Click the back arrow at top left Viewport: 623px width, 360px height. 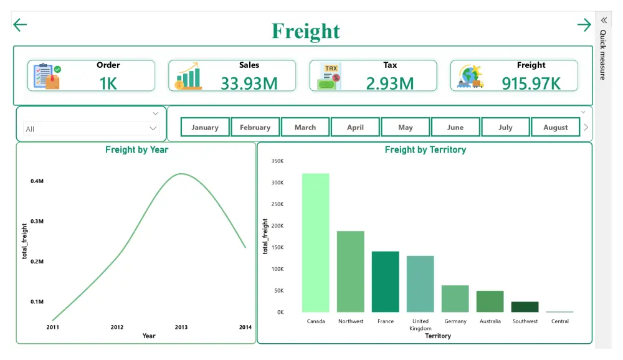[20, 25]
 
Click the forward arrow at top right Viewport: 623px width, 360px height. [584, 25]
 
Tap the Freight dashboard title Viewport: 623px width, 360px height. [306, 31]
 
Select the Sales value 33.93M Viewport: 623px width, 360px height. [249, 83]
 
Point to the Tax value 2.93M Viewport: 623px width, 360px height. [390, 83]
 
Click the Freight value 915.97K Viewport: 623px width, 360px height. [531, 83]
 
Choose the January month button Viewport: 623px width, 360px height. [205, 127]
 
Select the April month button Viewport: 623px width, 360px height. [355, 127]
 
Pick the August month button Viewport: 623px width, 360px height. [555, 127]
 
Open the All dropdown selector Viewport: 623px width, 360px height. [91, 128]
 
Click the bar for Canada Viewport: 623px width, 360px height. [316, 243]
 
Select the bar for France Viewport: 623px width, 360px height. [386, 282]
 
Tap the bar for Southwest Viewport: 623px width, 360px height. [525, 306]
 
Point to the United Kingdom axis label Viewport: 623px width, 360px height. [421, 324]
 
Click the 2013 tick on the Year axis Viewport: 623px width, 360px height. [181, 327]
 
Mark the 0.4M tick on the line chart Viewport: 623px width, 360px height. [37, 181]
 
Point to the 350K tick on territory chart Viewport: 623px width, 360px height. [277, 161]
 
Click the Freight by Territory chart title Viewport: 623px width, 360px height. [425, 150]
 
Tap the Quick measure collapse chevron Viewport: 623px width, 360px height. [604, 20]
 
